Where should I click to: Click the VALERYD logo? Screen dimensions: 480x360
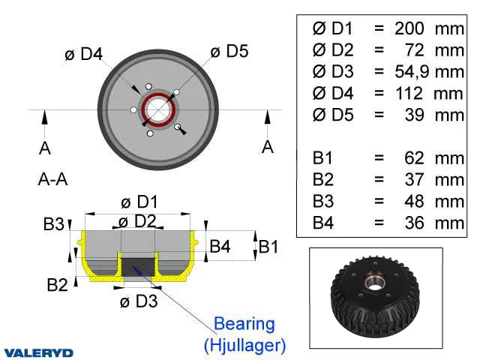coord(39,352)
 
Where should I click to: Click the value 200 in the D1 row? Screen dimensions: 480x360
coord(409,28)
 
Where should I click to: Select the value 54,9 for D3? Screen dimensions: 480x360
coord(412,72)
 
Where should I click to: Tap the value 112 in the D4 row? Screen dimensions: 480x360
coord(409,93)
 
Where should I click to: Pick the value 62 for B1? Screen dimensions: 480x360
coord(414,158)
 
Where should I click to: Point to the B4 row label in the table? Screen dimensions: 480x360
coord(323,223)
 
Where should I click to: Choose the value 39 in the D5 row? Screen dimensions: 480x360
coord(415,115)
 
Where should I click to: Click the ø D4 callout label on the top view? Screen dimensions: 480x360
coord(84,54)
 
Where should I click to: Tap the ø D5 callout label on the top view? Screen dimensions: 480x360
coord(229,51)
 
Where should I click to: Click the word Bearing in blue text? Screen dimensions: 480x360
coord(244,324)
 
